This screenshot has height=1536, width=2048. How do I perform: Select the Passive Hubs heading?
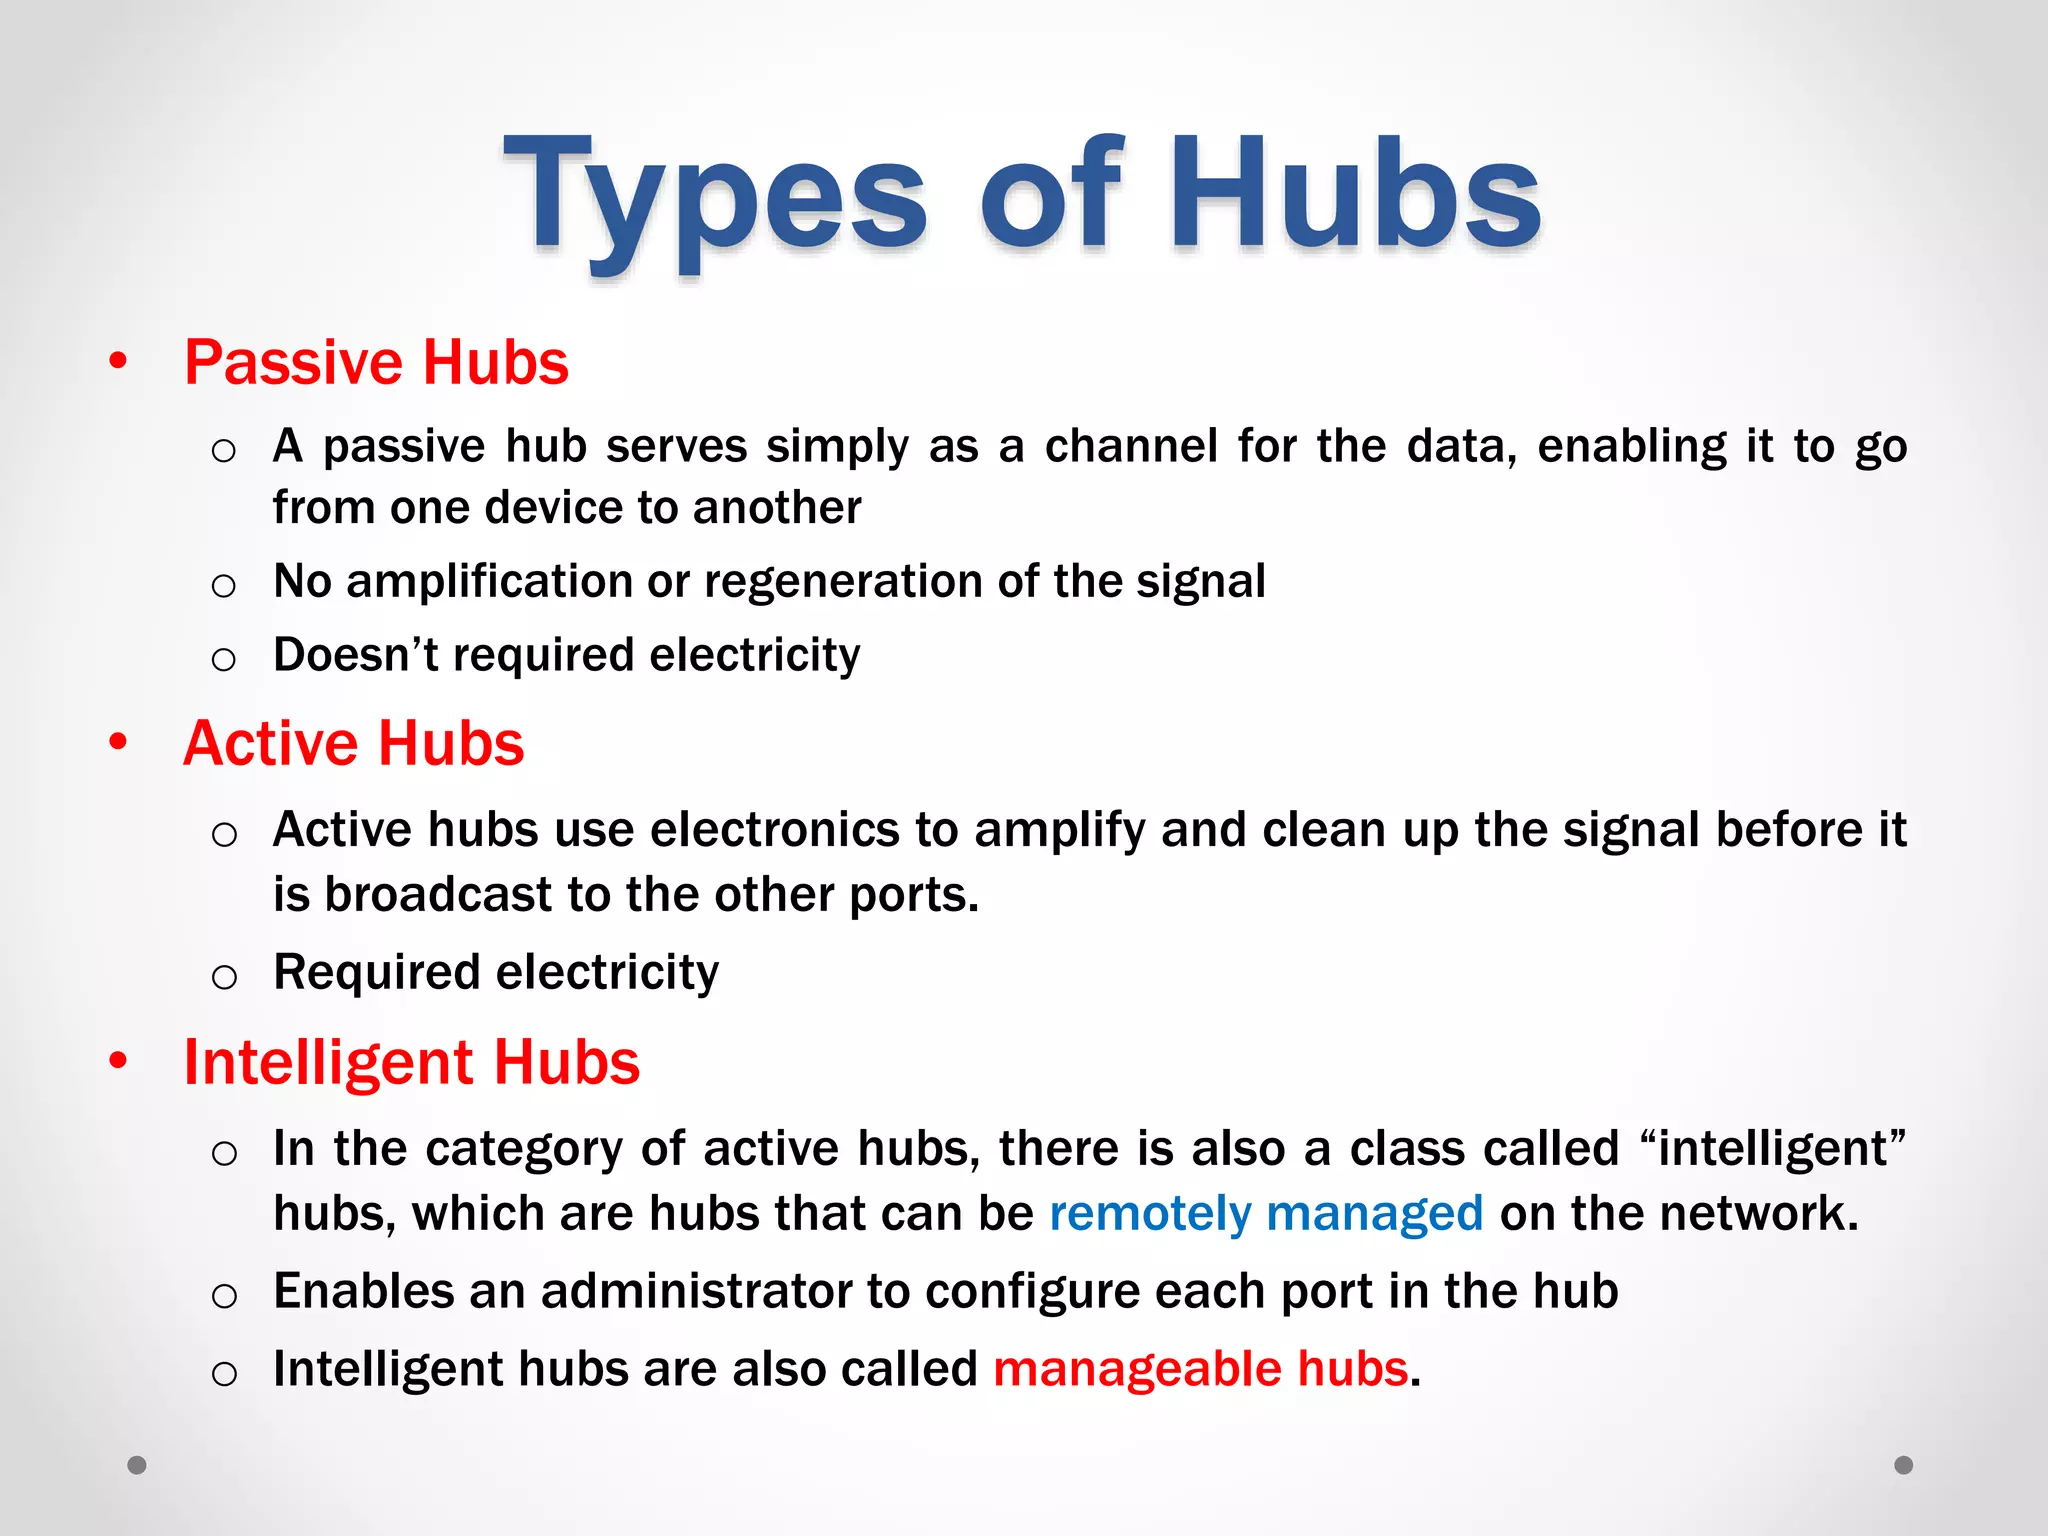tap(376, 362)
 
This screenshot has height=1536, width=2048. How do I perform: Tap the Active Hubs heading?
tap(353, 744)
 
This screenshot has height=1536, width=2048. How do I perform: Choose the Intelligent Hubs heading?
tap(411, 1062)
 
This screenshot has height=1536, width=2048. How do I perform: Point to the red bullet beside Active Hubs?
tap(119, 742)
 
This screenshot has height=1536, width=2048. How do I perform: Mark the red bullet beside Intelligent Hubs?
tap(119, 1060)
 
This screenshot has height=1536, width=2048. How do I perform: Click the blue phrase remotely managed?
tap(1266, 1214)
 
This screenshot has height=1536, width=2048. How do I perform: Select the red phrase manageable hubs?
tap(1200, 1369)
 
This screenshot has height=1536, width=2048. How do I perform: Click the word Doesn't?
tap(355, 656)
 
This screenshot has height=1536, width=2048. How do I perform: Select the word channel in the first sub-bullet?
tap(1131, 446)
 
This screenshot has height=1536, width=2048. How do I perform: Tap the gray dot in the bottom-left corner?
tap(137, 1465)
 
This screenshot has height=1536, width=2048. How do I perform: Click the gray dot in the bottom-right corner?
tap(1904, 1465)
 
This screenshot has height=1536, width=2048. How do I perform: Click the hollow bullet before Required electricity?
tap(224, 976)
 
